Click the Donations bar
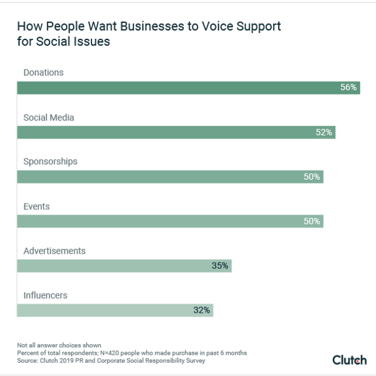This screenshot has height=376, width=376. click(188, 88)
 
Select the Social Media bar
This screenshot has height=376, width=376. click(176, 132)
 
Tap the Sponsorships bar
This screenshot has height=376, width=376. click(170, 177)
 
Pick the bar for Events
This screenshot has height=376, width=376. click(170, 221)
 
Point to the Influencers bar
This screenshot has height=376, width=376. click(115, 310)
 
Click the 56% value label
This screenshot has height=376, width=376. click(348, 88)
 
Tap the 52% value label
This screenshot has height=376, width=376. click(324, 132)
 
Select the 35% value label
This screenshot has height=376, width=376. click(220, 266)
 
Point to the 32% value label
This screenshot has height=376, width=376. click(202, 310)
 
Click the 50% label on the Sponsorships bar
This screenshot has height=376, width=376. click(312, 177)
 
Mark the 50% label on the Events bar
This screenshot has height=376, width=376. click(312, 221)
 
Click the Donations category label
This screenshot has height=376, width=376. click(43, 73)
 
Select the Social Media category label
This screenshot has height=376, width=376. click(49, 117)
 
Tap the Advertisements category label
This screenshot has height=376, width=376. click(54, 251)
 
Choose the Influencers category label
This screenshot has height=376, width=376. click(45, 295)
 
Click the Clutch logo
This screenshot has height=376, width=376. click(349, 359)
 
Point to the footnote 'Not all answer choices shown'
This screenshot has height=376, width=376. click(59, 345)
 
